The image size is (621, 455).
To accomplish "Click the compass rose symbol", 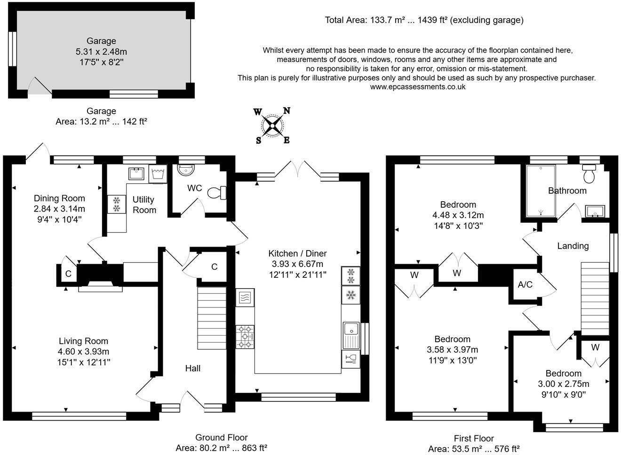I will tap(272, 126).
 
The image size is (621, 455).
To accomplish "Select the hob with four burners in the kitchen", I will tap(245, 337).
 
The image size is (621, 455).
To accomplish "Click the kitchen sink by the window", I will tap(350, 334).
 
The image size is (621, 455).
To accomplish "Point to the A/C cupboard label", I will tap(525, 285).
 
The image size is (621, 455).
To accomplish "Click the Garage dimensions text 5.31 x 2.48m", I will tap(101, 52).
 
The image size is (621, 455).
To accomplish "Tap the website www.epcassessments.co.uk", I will tap(418, 86).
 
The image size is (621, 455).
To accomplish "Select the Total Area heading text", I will tap(424, 20).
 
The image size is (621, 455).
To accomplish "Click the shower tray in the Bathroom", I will tap(541, 190).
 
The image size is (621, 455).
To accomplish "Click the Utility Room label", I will tap(144, 204).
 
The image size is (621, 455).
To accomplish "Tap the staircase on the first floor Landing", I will tap(595, 298).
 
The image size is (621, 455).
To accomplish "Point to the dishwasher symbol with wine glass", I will tap(350, 360).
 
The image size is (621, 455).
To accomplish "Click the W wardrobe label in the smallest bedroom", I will tap(595, 348).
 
